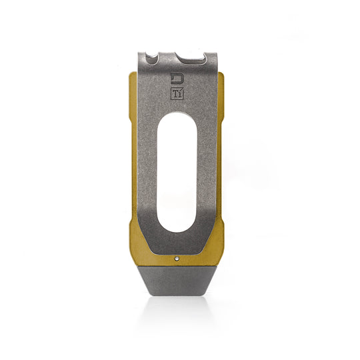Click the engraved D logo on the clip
click(x=177, y=79)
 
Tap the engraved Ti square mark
click(x=177, y=94)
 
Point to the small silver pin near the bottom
click(x=177, y=254)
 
